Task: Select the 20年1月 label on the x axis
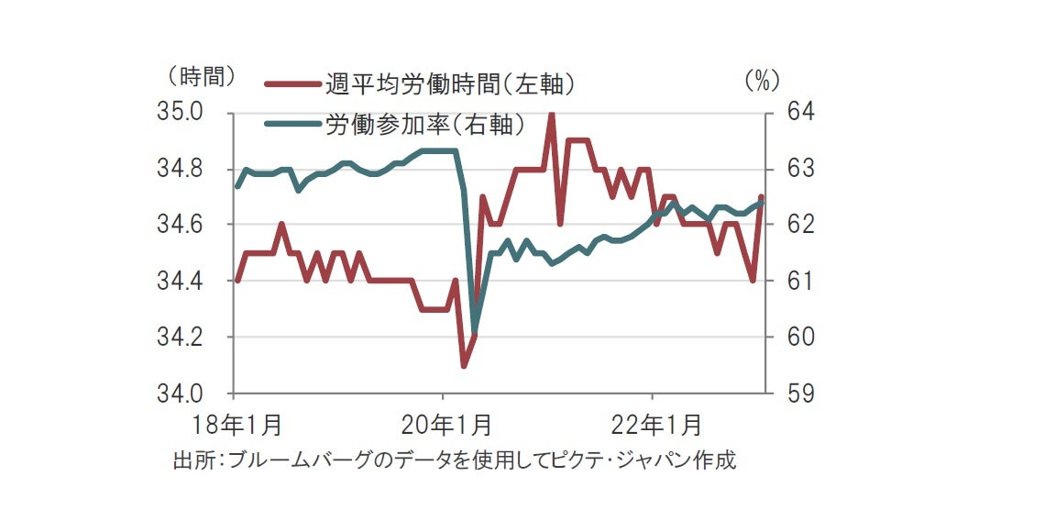[x=445, y=425]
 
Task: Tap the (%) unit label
[x=761, y=81]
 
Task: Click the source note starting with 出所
[x=455, y=460]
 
